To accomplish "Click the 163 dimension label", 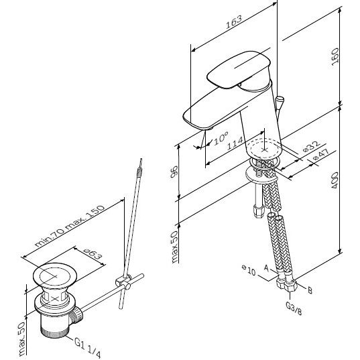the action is (x=234, y=22).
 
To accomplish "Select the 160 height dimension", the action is (x=335, y=57).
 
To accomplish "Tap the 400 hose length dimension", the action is (x=335, y=180).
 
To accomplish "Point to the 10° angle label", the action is (x=221, y=138).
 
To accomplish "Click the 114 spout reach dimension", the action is (x=235, y=143).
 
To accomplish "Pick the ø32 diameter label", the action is (x=311, y=146).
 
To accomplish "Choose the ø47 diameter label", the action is (x=321, y=154).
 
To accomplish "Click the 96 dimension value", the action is (x=174, y=172).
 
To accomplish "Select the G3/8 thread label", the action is (x=294, y=308).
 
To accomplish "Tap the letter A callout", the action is (x=266, y=267).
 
